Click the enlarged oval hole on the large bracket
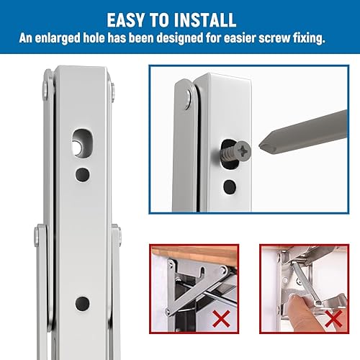81,143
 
